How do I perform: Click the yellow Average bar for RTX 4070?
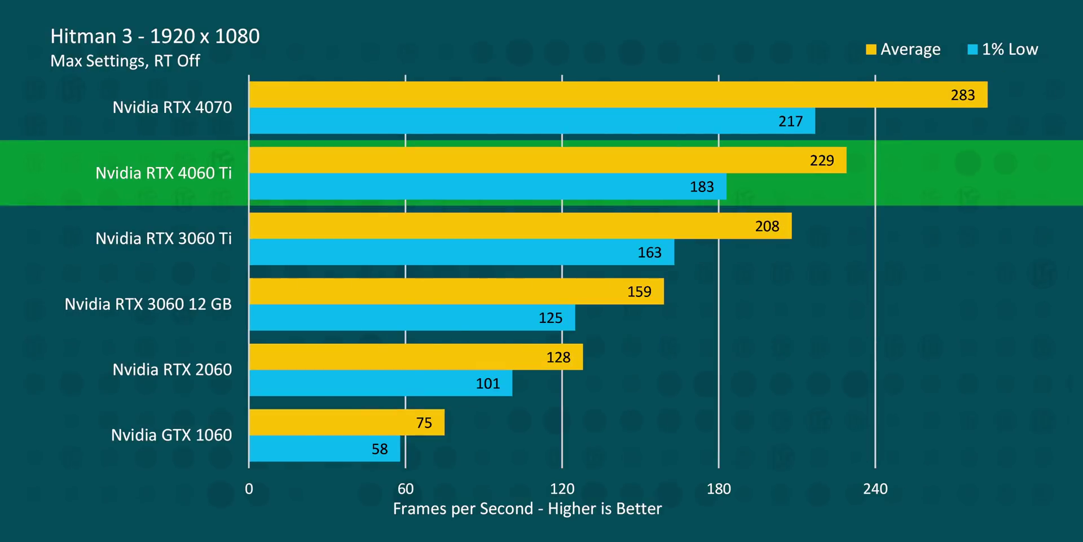point(618,94)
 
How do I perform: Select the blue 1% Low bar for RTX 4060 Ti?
point(487,186)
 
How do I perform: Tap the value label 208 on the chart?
point(767,226)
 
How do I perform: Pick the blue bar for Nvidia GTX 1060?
point(324,449)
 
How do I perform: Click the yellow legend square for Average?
point(871,50)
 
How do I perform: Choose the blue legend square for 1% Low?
point(972,50)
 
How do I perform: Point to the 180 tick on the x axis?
point(719,489)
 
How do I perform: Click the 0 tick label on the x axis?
point(249,489)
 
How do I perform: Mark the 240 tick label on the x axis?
point(875,489)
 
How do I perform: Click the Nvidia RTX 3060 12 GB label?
point(148,304)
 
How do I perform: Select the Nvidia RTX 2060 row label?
point(172,370)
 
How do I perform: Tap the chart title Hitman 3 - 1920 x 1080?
point(155,37)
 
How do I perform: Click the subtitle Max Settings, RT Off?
point(125,61)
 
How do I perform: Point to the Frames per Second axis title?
point(527,509)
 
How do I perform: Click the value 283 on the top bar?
point(963,95)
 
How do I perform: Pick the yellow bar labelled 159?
point(456,291)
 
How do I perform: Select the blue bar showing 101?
point(381,383)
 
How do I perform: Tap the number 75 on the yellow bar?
point(424,423)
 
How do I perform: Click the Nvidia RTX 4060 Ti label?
point(164,173)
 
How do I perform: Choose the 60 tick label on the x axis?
point(406,489)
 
